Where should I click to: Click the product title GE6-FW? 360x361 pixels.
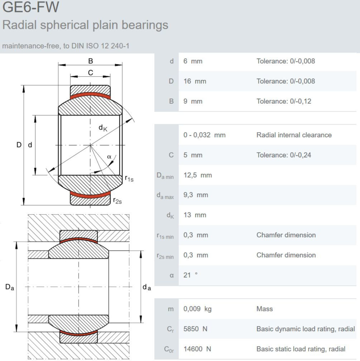31,7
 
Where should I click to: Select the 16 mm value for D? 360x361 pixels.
195,81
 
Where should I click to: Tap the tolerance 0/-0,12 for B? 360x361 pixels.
284,101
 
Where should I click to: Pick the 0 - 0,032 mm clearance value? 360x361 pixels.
204,135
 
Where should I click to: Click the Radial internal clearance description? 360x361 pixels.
294,135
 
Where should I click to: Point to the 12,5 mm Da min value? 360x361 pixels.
198,175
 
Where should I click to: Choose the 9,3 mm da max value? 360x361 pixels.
196,195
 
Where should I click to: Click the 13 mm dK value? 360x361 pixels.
195,215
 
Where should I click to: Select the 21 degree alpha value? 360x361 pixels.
190,275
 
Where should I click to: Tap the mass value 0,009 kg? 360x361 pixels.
197,309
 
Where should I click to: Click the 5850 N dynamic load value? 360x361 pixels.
195,329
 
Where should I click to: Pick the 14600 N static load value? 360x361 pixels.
197,349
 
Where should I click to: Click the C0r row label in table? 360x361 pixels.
169,349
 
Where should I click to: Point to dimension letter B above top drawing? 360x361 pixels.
91,61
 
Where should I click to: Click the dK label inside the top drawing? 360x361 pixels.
103,128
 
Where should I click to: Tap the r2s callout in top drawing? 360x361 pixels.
117,201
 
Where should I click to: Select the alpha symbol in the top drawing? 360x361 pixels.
109,157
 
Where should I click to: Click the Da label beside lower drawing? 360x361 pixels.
9,287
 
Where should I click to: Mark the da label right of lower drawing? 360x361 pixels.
147,287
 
